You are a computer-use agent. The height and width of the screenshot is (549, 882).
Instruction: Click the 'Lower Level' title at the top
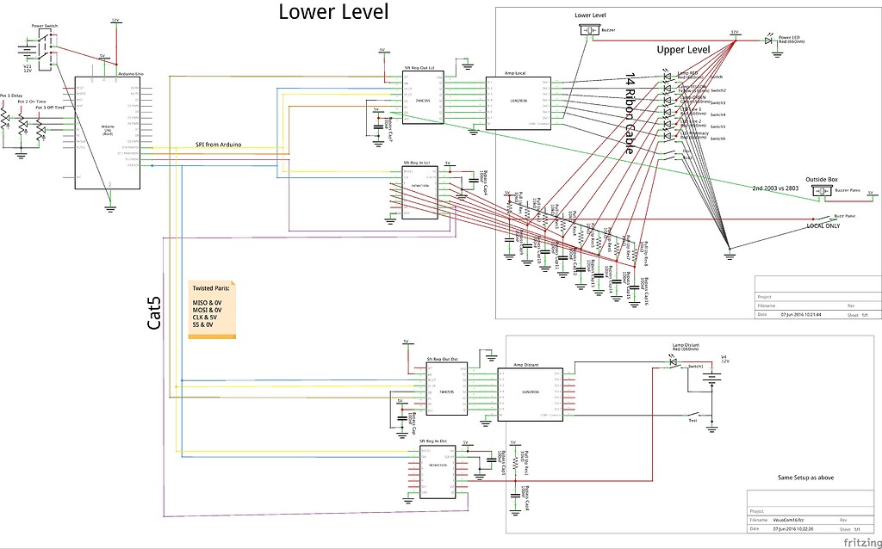coord(333,12)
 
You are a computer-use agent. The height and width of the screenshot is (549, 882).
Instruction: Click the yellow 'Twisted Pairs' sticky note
coord(211,310)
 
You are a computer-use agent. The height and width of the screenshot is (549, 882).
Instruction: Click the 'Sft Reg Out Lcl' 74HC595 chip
coord(422,100)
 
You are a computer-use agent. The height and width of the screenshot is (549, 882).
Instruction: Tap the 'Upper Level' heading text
coord(683,50)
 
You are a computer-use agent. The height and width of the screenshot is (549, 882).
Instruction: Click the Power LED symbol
coord(768,40)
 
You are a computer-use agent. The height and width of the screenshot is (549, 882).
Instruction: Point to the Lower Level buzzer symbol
coord(590,30)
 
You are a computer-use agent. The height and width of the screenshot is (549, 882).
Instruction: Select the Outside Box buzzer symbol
coord(815,189)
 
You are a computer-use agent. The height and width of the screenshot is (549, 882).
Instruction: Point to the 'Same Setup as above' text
coord(804,478)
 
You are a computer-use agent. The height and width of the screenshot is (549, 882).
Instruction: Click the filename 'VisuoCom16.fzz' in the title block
coord(790,520)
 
